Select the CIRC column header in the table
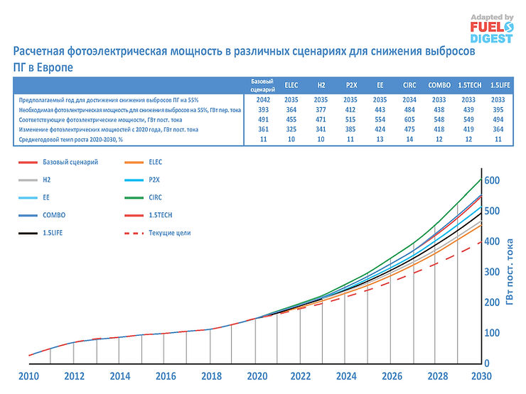coord(410,84)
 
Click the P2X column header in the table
coord(350,84)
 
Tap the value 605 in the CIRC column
coord(410,120)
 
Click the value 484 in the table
coord(410,111)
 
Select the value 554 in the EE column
coord(380,120)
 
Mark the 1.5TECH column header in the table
coord(470,84)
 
